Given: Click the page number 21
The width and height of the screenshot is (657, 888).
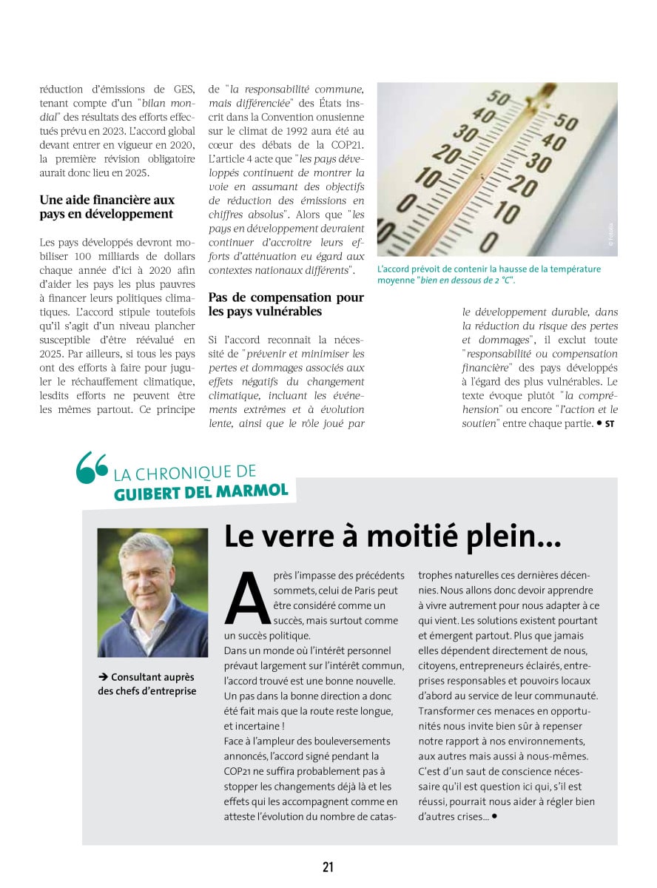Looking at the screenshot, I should click(328, 867).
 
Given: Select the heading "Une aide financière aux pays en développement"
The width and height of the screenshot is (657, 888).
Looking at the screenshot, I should click(107, 207).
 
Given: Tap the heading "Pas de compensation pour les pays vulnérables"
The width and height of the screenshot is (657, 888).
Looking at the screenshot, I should click(286, 304).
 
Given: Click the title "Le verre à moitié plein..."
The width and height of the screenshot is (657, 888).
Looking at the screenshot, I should click(392, 536).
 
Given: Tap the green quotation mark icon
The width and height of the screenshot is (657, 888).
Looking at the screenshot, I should click(92, 468).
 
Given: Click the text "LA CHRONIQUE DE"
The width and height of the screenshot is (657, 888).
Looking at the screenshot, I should click(185, 471).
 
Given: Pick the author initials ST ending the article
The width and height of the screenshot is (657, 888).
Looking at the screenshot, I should click(610, 424).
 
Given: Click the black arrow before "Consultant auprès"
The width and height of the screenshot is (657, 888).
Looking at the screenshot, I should click(102, 676).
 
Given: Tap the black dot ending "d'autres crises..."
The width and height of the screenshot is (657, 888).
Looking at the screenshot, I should click(493, 816).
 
